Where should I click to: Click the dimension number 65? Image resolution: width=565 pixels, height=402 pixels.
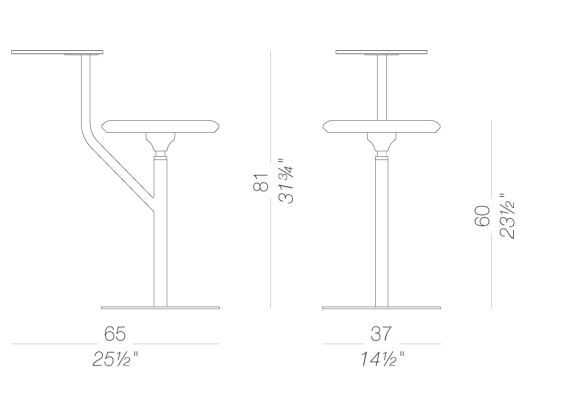pyautogui.click(x=115, y=334)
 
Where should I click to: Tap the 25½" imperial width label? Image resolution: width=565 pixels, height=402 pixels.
pyautogui.click(x=115, y=359)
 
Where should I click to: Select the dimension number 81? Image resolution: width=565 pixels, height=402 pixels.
pyautogui.click(x=262, y=183)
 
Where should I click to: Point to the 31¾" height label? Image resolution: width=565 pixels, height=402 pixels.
pyautogui.click(x=287, y=182)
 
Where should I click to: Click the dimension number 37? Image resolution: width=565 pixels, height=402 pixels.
pyautogui.click(x=381, y=334)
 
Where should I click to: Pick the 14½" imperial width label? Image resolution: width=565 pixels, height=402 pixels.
pyautogui.click(x=382, y=359)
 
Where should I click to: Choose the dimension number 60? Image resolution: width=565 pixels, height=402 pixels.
pyautogui.click(x=482, y=216)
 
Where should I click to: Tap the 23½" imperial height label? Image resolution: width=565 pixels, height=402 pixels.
pyautogui.click(x=507, y=216)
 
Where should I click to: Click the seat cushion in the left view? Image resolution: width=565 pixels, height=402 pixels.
pyautogui.click(x=161, y=126)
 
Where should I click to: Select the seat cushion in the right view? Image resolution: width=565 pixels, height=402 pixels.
pyautogui.click(x=382, y=126)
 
